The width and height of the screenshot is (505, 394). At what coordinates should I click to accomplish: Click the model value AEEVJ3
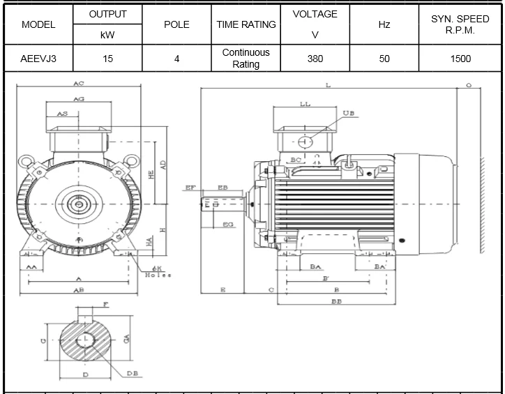pos(38,59)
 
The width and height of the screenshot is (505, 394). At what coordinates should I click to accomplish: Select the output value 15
pos(107,59)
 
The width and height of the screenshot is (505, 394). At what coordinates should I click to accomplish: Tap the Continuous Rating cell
pos(246,59)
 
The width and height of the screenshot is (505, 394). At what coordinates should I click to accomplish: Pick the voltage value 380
pos(315,59)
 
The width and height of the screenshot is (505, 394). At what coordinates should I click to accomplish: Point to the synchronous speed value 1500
pos(460,59)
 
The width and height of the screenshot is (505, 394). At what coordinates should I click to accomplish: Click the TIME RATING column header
pos(246,24)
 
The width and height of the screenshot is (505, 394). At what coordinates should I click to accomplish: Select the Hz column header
pos(384,24)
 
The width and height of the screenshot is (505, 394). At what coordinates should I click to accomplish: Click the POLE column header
pos(176,24)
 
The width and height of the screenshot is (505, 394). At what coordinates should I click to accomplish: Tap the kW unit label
pos(107,34)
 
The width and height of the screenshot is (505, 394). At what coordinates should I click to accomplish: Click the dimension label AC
pos(79,84)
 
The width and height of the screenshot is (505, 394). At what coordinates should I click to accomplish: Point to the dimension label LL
pos(305,104)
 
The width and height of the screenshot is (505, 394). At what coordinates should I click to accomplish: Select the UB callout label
pos(349,113)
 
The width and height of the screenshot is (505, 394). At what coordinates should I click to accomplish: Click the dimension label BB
pos(336,302)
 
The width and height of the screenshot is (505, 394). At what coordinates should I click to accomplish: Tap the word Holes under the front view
pos(158,275)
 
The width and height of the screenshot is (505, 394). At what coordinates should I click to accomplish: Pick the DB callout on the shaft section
pos(132,374)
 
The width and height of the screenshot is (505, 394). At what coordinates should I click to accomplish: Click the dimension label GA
pos(126,339)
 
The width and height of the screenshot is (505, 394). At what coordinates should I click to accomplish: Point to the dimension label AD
pos(163,165)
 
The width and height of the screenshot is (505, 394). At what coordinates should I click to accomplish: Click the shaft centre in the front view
pos(79,204)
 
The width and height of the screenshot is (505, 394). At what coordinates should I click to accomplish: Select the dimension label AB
pos(79,289)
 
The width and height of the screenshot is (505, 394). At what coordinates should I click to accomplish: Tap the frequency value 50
pos(384,59)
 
